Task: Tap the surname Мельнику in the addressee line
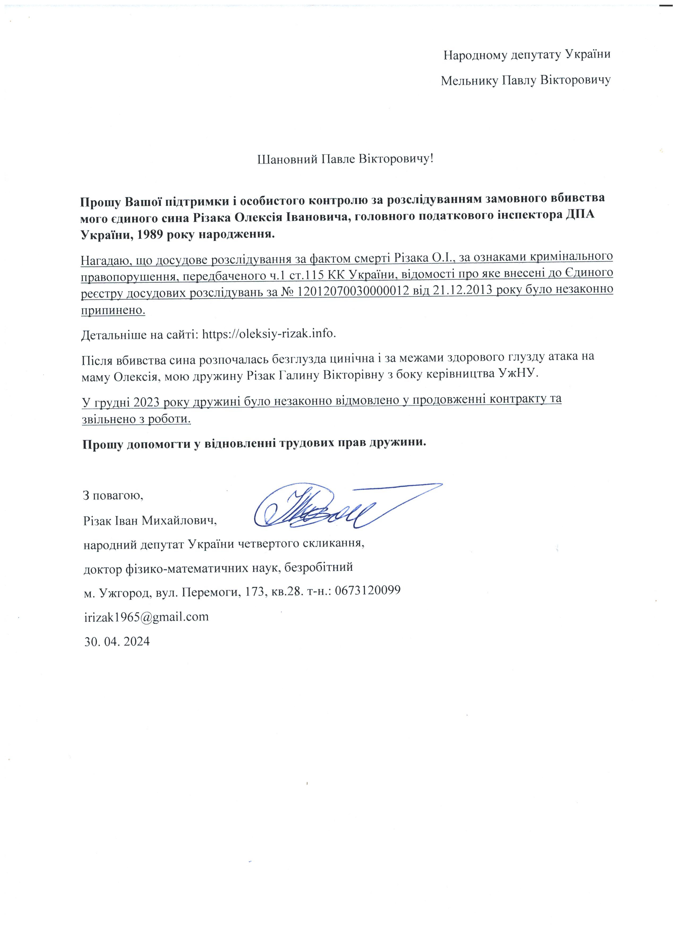(470, 80)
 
